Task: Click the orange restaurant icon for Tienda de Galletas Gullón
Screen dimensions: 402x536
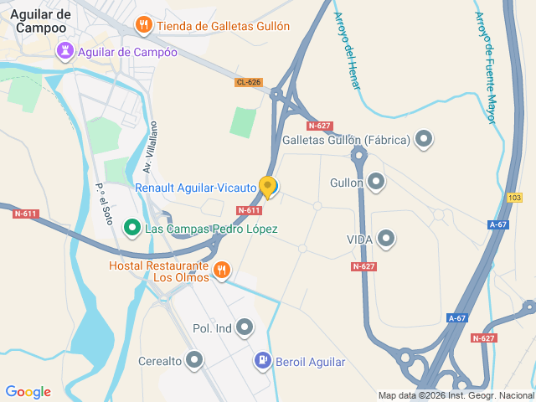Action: tap(144, 25)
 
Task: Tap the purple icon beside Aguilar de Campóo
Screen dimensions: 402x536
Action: tap(64, 52)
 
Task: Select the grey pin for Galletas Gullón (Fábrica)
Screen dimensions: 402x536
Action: tap(424, 140)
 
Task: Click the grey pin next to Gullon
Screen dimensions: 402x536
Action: tap(376, 182)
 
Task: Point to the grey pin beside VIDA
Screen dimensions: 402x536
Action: tap(386, 240)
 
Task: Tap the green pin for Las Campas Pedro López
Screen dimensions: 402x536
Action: tap(131, 228)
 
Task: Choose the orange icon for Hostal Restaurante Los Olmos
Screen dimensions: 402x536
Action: tap(222, 270)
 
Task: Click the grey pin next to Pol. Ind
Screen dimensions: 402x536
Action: tap(245, 327)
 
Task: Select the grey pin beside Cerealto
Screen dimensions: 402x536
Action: tap(195, 361)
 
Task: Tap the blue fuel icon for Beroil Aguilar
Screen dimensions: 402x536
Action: tap(263, 361)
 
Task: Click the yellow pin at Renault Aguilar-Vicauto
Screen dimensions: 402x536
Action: tap(268, 187)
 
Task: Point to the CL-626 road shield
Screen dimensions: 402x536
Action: tap(248, 82)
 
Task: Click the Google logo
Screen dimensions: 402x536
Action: tap(28, 391)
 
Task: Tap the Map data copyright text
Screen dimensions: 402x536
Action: tap(455, 395)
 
